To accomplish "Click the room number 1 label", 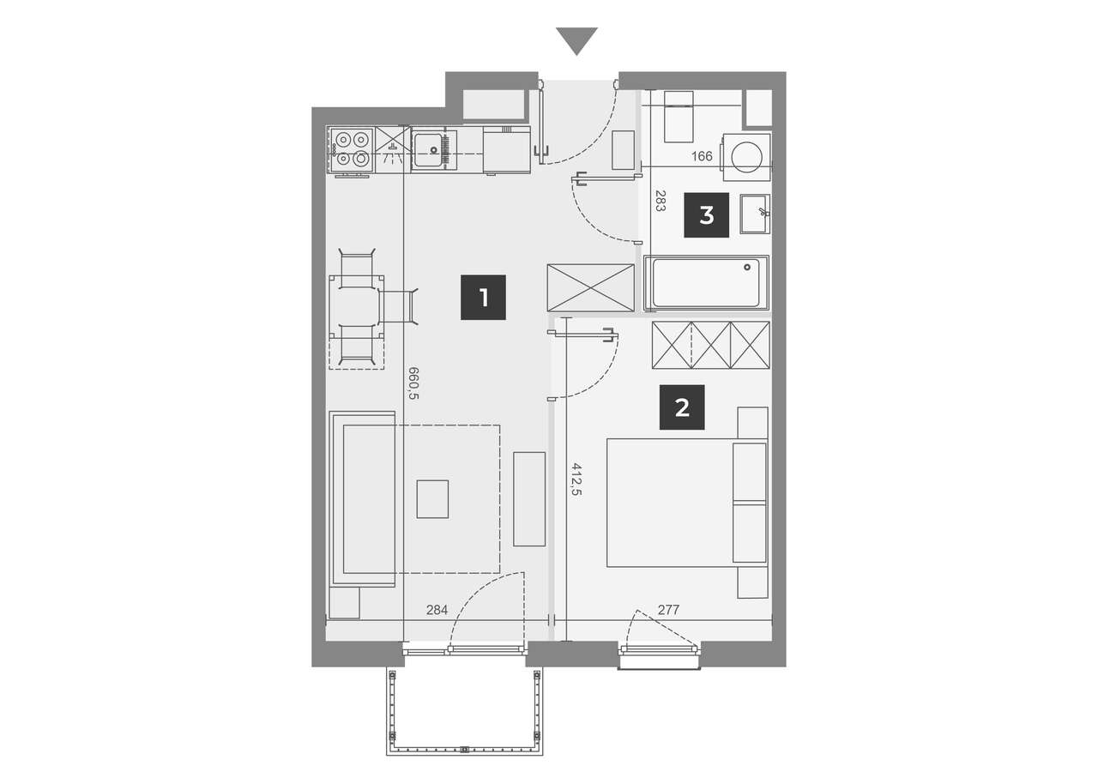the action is pyautogui.click(x=483, y=298).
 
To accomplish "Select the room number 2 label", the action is pyautogui.click(x=682, y=407).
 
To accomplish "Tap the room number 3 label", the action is pyautogui.click(x=706, y=215).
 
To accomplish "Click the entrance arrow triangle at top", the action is pyautogui.click(x=576, y=41).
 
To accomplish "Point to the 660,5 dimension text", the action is pyautogui.click(x=413, y=383).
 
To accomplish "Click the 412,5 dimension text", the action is pyautogui.click(x=576, y=479).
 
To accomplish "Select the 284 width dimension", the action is pyautogui.click(x=437, y=610).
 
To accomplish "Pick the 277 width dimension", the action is pyautogui.click(x=668, y=610).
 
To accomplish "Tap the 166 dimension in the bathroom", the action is pyautogui.click(x=702, y=156).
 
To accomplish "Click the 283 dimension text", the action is pyautogui.click(x=661, y=201).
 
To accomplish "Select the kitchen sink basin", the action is pyautogui.click(x=427, y=150).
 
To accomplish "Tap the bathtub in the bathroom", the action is pyautogui.click(x=706, y=283).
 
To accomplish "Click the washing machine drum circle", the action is pyautogui.click(x=746, y=157).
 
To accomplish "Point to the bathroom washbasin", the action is pyautogui.click(x=755, y=214).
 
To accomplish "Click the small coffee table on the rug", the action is pyautogui.click(x=432, y=499).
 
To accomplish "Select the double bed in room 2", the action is pyautogui.click(x=687, y=503).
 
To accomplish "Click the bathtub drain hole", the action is pyautogui.click(x=747, y=267).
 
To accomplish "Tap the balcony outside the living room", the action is pyautogui.click(x=465, y=711).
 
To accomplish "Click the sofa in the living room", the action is pyautogui.click(x=362, y=499).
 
